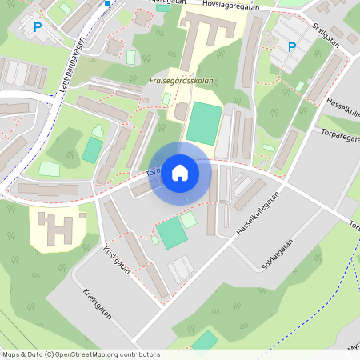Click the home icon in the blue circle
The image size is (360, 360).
(x=180, y=173)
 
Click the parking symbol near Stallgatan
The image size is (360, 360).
(x=291, y=47)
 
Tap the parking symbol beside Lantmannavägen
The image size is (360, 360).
(x=37, y=28)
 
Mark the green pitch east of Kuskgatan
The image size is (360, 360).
(x=171, y=232)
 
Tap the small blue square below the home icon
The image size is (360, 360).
(x=187, y=200)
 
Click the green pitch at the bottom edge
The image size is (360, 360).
(x=205, y=341)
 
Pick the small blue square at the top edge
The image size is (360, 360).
(x=106, y=2)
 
